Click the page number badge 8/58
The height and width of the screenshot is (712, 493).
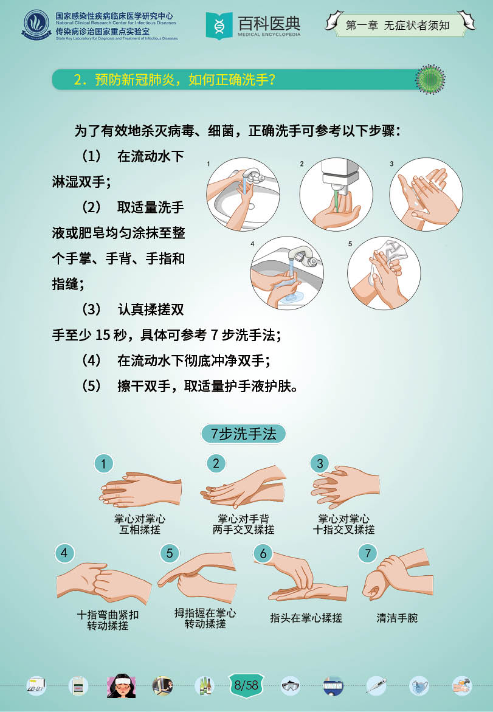tap(246, 684)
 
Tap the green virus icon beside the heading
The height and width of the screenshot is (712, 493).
tap(430, 80)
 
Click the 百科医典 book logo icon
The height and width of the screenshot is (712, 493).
tap(219, 26)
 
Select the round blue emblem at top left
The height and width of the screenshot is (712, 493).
tap(36, 25)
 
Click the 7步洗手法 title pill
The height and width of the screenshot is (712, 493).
tap(243, 434)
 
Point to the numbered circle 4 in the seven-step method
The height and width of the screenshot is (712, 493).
tap(64, 553)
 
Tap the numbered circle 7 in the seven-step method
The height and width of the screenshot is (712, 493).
tap(368, 553)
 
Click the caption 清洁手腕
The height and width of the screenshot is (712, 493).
tap(397, 618)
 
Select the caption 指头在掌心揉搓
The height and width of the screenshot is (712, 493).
tap(306, 618)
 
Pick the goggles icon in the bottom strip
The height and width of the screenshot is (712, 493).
tap(290, 686)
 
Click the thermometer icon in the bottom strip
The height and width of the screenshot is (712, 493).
tap(376, 686)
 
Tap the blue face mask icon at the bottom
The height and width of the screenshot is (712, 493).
tap(419, 686)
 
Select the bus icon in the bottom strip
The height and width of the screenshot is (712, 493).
tap(333, 686)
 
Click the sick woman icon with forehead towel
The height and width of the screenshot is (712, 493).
tap(121, 686)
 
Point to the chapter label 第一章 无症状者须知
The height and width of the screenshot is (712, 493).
tap(398, 26)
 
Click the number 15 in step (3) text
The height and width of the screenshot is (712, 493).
tap(103, 335)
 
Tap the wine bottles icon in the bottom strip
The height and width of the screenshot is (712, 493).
tap(205, 686)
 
